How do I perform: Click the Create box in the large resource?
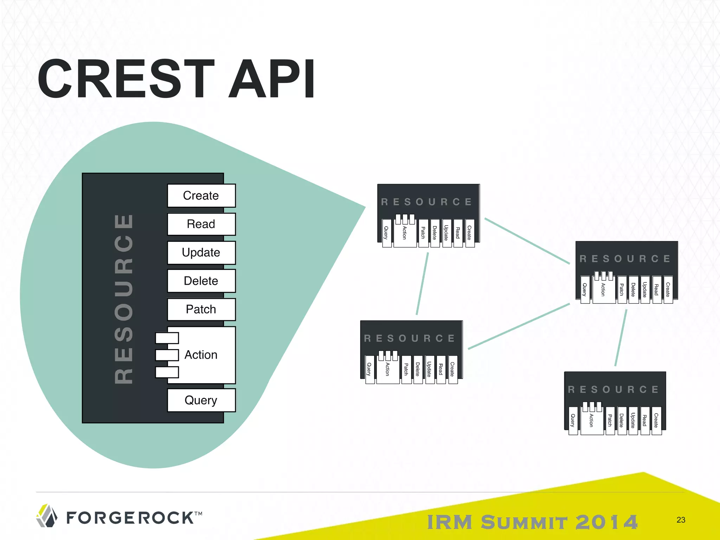point(201,195)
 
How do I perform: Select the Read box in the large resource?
point(201,224)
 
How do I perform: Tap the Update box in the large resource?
point(201,252)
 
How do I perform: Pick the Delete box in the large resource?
point(201,281)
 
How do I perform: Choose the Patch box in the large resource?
point(201,309)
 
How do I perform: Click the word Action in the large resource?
point(201,355)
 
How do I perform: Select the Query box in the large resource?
point(201,400)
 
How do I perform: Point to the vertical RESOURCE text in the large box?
point(124,299)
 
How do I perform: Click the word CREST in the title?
point(127,79)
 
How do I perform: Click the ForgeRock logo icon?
point(47,516)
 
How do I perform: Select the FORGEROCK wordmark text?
point(130,518)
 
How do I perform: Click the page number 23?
point(681,520)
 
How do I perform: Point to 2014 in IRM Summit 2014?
point(606,522)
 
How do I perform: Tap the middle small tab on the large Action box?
point(167,355)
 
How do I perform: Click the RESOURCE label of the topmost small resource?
point(427,202)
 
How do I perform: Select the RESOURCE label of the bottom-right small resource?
point(613,390)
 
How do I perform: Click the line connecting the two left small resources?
point(422,283)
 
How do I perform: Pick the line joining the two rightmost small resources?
point(621,337)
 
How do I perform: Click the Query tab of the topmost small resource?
point(386,233)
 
